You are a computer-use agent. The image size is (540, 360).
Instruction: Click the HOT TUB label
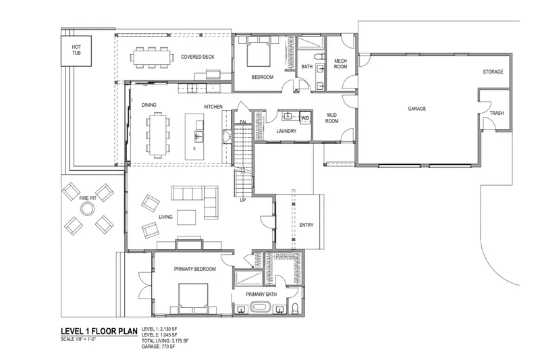tap(76, 50)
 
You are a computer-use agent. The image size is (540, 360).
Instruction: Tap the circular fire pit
tap(87, 209)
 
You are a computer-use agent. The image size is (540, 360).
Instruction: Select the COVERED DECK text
tap(197, 57)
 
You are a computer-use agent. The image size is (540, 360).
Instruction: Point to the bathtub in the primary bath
tap(261, 307)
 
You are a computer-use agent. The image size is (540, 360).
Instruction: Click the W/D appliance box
tap(305, 118)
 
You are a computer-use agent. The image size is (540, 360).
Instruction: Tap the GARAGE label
tap(416, 109)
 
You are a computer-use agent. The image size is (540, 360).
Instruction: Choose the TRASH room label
tap(497, 113)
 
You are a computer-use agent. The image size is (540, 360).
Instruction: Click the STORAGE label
tap(493, 72)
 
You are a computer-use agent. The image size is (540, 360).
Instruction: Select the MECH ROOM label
tap(340, 63)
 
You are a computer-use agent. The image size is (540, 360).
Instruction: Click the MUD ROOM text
tap(331, 118)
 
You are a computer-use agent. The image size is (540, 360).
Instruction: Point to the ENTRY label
tap(306, 225)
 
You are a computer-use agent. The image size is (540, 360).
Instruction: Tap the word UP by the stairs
tap(243, 200)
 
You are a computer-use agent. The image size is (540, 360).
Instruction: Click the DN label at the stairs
tap(243, 122)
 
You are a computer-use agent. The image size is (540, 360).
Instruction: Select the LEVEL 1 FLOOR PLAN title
tap(99, 332)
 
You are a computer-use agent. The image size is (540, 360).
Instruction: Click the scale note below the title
tap(78, 339)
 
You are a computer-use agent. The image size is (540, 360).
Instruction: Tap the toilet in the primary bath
tap(296, 308)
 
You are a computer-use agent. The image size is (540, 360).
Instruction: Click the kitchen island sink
tap(199, 135)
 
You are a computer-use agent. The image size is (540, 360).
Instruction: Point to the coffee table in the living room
tap(187, 217)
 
